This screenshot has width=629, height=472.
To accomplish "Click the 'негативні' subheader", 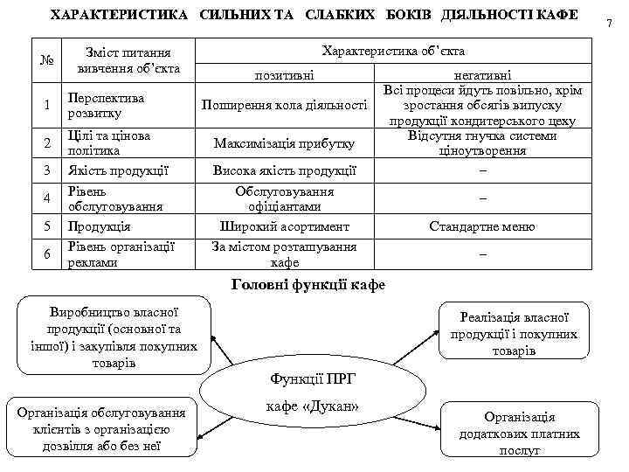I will click(x=482, y=77).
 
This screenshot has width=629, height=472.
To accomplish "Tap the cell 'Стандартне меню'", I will click(x=482, y=226).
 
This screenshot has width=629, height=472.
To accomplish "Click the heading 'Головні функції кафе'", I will click(x=307, y=285).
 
